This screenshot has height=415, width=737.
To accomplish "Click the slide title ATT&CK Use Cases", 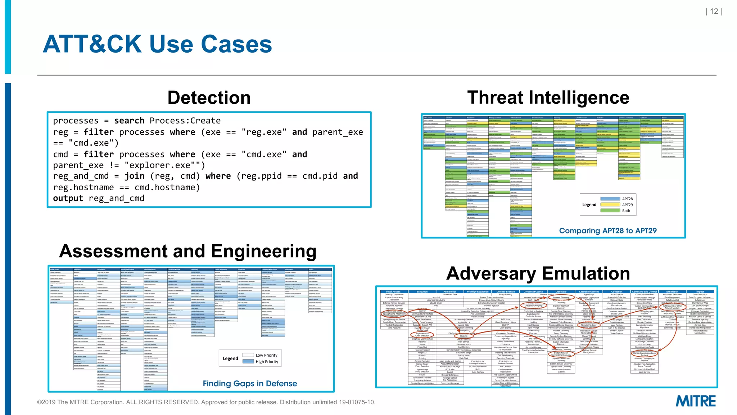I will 157,44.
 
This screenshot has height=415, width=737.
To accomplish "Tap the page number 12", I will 714,12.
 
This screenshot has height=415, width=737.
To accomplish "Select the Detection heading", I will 209,98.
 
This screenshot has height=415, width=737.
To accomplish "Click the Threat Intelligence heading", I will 548,98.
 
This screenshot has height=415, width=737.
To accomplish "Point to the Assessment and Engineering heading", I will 187,251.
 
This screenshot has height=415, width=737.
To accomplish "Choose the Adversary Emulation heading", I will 538,273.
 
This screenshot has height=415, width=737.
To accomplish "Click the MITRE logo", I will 695,401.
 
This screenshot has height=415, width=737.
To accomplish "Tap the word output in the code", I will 68,198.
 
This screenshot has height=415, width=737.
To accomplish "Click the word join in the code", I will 134,176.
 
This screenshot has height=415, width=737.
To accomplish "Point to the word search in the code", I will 129,121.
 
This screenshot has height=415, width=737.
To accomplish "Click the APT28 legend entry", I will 627,199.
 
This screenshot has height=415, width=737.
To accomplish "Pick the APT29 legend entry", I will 627,205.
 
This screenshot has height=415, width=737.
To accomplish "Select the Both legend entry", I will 626,211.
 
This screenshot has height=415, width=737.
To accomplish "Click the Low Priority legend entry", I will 266,355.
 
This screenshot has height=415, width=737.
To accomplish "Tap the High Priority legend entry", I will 267,362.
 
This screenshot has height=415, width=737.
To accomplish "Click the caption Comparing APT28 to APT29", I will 607,231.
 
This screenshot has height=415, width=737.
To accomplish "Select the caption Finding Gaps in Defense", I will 250,384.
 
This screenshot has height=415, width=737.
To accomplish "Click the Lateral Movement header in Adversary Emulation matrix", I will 589,292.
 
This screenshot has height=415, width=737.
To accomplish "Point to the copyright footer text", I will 206,402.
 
